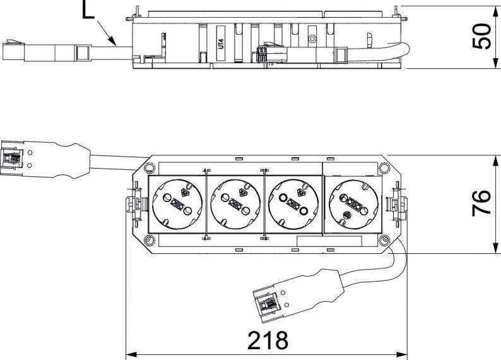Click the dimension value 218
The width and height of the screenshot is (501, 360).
click(267, 341)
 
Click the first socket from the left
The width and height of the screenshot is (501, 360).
click(177, 203)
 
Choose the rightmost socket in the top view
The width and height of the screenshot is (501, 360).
click(353, 203)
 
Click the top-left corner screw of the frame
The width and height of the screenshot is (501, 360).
click(148, 167)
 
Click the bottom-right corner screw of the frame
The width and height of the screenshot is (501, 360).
click(383, 240)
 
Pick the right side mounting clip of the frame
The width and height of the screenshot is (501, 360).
click(398, 203)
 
